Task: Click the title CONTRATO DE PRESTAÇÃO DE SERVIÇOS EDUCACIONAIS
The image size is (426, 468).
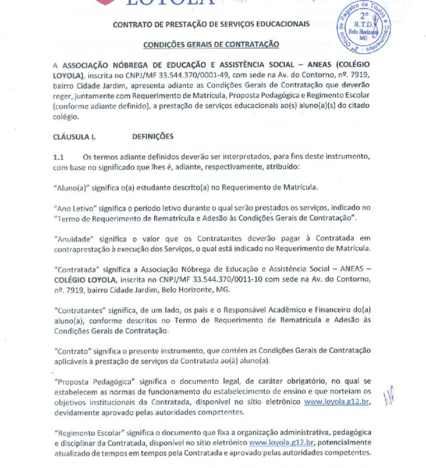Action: [211, 24]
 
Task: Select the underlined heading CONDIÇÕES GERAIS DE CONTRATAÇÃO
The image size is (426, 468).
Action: [211, 44]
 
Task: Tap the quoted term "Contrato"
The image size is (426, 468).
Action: [74, 350]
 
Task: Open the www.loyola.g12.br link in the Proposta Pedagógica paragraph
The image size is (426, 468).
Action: [337, 402]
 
